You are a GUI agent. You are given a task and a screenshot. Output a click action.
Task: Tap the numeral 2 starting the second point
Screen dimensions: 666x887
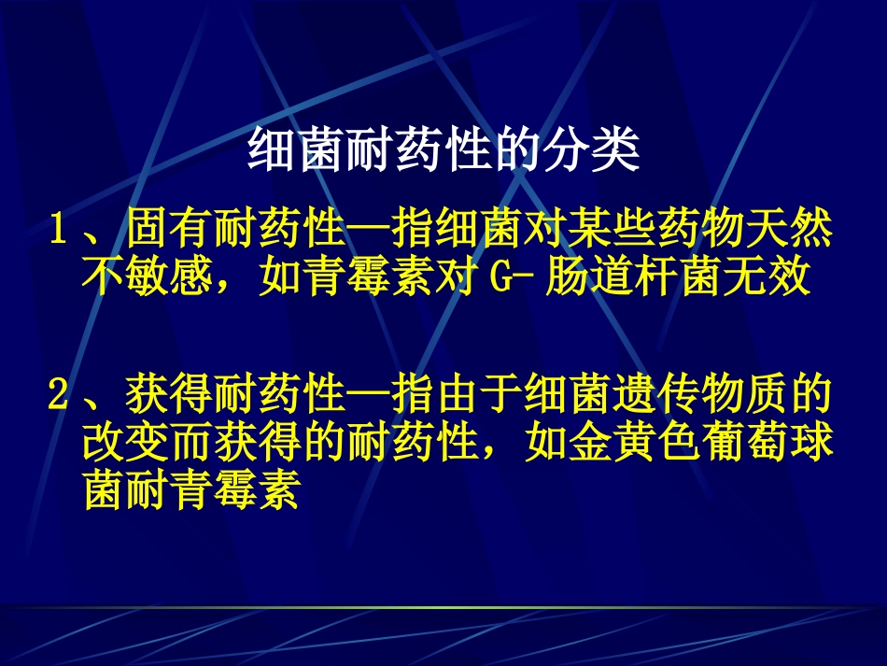[58, 397]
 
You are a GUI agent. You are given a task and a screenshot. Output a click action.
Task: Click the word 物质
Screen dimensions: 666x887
[743, 397]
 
